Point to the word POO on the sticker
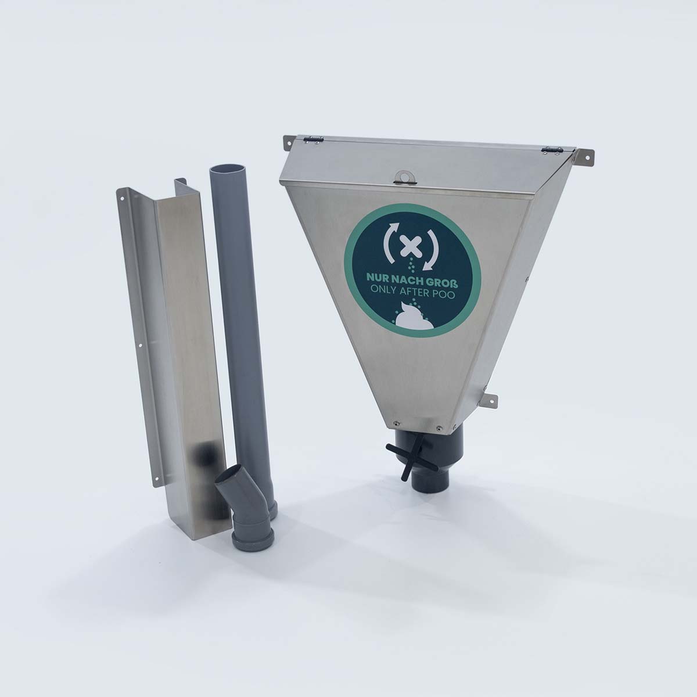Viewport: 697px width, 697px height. pos(443,295)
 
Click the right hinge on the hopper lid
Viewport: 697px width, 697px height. pos(551,151)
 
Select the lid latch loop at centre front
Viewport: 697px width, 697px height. pos(404,177)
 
